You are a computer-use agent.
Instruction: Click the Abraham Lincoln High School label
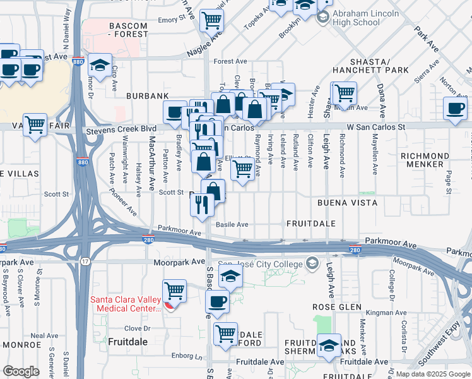coord(357,18)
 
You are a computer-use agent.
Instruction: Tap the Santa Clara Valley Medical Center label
coord(126,304)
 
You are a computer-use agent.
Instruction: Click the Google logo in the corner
coord(21,371)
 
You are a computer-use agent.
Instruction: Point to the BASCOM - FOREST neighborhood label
coord(119,30)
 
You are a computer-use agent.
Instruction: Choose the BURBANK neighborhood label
coord(147,95)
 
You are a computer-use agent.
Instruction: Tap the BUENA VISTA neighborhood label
coord(346,203)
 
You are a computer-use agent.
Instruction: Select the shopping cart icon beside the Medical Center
coord(174,291)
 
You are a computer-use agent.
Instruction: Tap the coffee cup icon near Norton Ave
coord(455,109)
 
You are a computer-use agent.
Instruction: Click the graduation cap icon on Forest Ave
coord(100,65)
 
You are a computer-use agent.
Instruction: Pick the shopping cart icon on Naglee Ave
coord(211,20)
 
